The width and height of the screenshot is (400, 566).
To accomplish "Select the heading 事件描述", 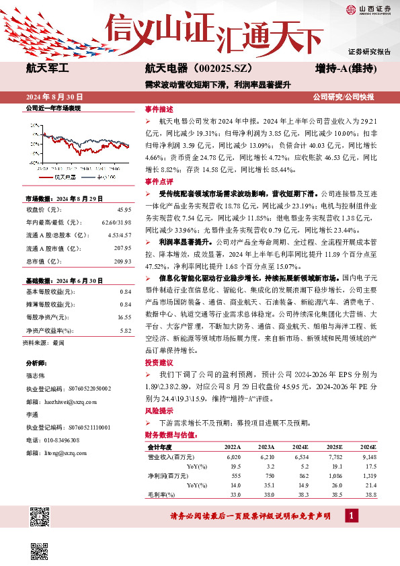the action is point(159,109).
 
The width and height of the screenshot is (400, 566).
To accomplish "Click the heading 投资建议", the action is point(159,362).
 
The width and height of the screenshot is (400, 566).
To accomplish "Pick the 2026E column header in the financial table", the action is point(368,447).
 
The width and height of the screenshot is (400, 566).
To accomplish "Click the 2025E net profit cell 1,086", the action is point(333,475).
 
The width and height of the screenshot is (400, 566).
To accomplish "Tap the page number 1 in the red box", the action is point(352,516).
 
